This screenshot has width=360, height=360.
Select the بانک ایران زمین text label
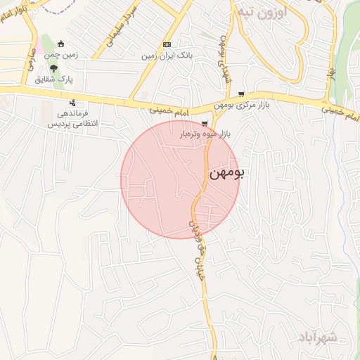[x=167, y=54]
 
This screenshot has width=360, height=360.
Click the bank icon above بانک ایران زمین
[x=167, y=43]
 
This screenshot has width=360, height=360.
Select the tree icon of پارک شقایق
[x=54, y=67]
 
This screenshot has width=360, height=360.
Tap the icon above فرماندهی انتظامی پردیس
[x=72, y=103]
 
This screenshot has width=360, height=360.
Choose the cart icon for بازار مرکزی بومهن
[x=241, y=94]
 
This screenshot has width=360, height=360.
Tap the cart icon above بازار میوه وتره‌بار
[x=205, y=123]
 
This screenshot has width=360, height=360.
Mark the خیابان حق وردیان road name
[x=200, y=247]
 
